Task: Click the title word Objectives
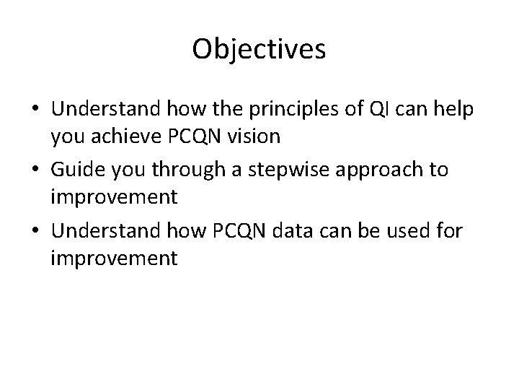(259, 50)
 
